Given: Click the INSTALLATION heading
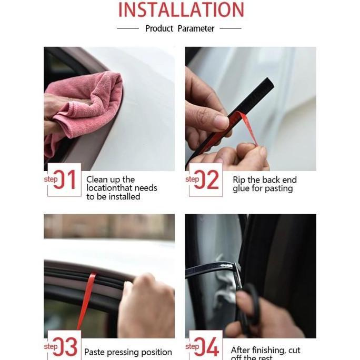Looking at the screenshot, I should (181, 9).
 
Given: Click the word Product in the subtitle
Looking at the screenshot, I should (159, 28).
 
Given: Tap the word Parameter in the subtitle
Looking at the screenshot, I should (196, 28).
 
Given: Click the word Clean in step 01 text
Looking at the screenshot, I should (97, 179).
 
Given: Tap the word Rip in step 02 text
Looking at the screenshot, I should (239, 179).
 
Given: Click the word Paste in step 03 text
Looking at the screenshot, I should (95, 352).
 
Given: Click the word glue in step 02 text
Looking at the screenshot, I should (242, 188).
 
